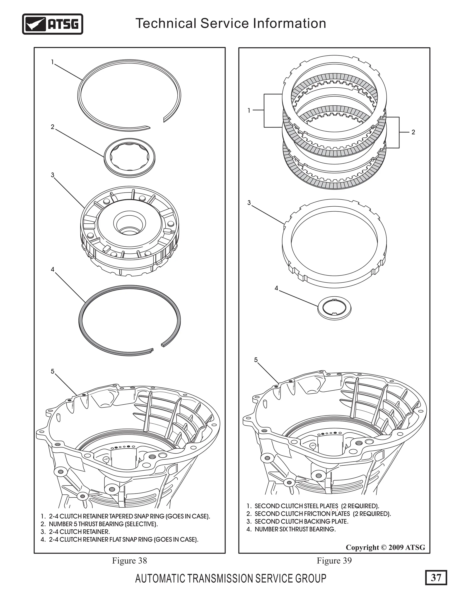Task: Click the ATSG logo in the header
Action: [52, 24]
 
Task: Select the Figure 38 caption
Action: [129, 561]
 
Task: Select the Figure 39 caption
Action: [334, 561]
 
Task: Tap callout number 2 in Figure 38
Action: [53, 127]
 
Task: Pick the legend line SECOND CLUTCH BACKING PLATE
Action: [301, 521]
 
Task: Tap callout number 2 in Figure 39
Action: [413, 132]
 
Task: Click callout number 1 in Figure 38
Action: [52, 62]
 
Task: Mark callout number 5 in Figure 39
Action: [256, 360]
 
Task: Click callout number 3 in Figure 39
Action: [249, 203]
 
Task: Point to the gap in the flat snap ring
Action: [157, 347]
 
